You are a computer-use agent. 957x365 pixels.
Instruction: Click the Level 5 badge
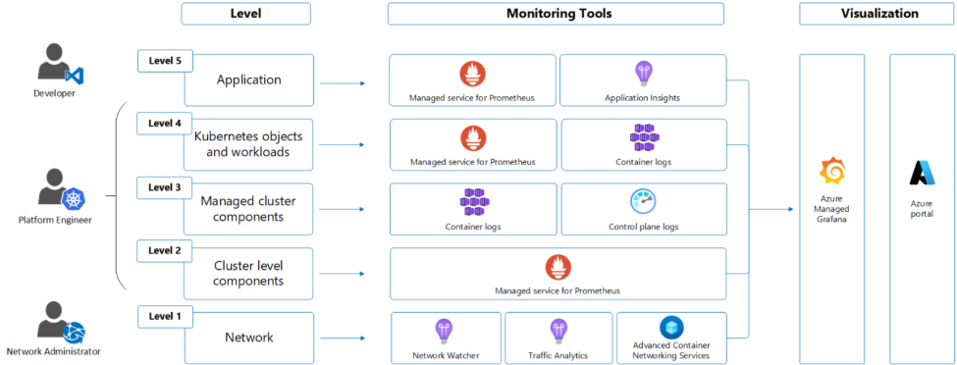click(165, 61)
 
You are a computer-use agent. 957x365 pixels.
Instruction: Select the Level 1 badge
click(165, 316)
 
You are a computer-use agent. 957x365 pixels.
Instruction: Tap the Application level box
click(249, 80)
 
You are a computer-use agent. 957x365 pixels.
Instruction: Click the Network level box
click(249, 338)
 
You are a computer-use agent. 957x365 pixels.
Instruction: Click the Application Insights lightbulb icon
click(643, 73)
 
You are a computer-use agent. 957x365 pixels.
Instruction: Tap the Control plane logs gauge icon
click(643, 201)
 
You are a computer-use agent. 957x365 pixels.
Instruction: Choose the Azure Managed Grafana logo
click(832, 171)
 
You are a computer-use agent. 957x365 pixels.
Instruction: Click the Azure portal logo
click(922, 173)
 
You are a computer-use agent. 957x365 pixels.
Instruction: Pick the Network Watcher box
click(446, 338)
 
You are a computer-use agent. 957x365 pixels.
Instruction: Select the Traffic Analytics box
click(558, 338)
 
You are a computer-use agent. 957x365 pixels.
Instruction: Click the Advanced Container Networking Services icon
click(671, 328)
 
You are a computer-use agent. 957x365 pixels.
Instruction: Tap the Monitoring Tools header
click(556, 14)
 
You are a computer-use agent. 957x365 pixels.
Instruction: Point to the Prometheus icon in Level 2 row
click(558, 266)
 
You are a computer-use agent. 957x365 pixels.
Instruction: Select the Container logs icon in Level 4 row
click(643, 136)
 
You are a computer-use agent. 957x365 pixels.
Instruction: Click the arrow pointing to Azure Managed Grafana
click(780, 209)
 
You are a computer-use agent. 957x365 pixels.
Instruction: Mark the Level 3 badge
click(165, 187)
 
